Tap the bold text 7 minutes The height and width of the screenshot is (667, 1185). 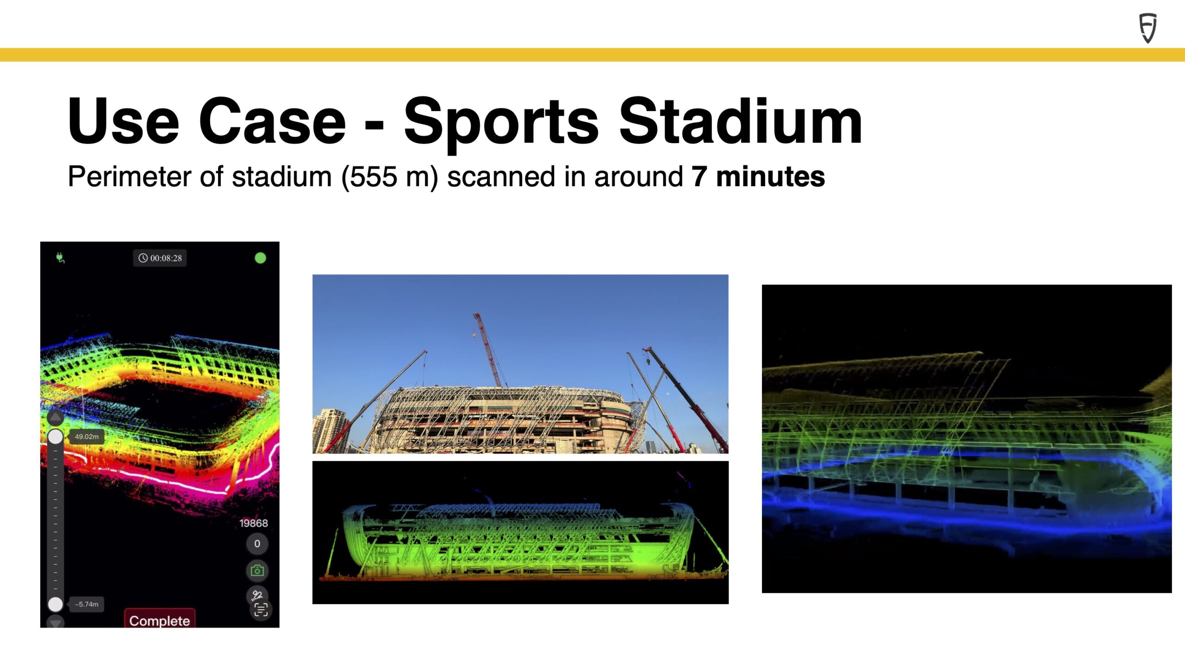758,176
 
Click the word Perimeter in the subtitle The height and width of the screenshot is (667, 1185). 130,176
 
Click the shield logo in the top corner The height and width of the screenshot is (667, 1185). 1148,28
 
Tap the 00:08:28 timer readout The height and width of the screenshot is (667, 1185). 160,258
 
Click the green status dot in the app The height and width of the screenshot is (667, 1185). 261,258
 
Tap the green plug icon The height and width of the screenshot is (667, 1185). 60,258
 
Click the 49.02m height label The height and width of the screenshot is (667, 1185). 87,436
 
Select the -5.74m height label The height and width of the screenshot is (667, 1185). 87,604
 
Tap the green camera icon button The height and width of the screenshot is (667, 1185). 257,571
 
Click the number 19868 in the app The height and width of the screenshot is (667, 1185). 254,523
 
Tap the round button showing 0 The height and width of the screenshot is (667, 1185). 257,544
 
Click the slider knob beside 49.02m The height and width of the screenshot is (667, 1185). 56,436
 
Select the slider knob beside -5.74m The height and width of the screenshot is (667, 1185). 56,604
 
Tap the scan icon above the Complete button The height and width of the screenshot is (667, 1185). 261,610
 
